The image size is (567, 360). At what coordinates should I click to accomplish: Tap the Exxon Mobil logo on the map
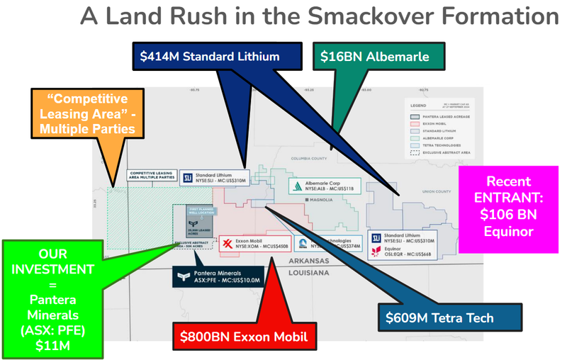click(x=228, y=244)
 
